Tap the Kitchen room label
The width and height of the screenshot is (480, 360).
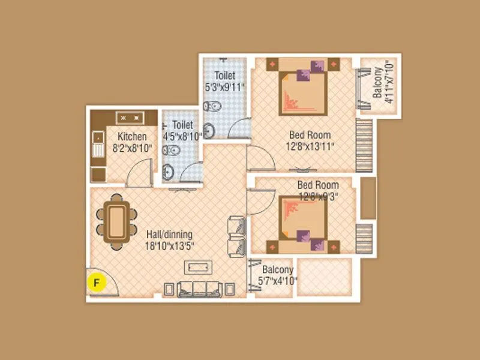coord(132,136)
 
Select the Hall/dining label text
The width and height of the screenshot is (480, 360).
coord(170,234)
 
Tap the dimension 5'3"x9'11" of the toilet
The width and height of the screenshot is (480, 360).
coord(225,87)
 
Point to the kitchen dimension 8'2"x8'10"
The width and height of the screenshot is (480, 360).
coord(132,147)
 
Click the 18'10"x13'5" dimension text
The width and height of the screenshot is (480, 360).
coord(170,245)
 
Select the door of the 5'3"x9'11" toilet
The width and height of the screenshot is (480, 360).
coord(238,128)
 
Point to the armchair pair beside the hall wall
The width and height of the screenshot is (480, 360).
coord(236,236)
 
